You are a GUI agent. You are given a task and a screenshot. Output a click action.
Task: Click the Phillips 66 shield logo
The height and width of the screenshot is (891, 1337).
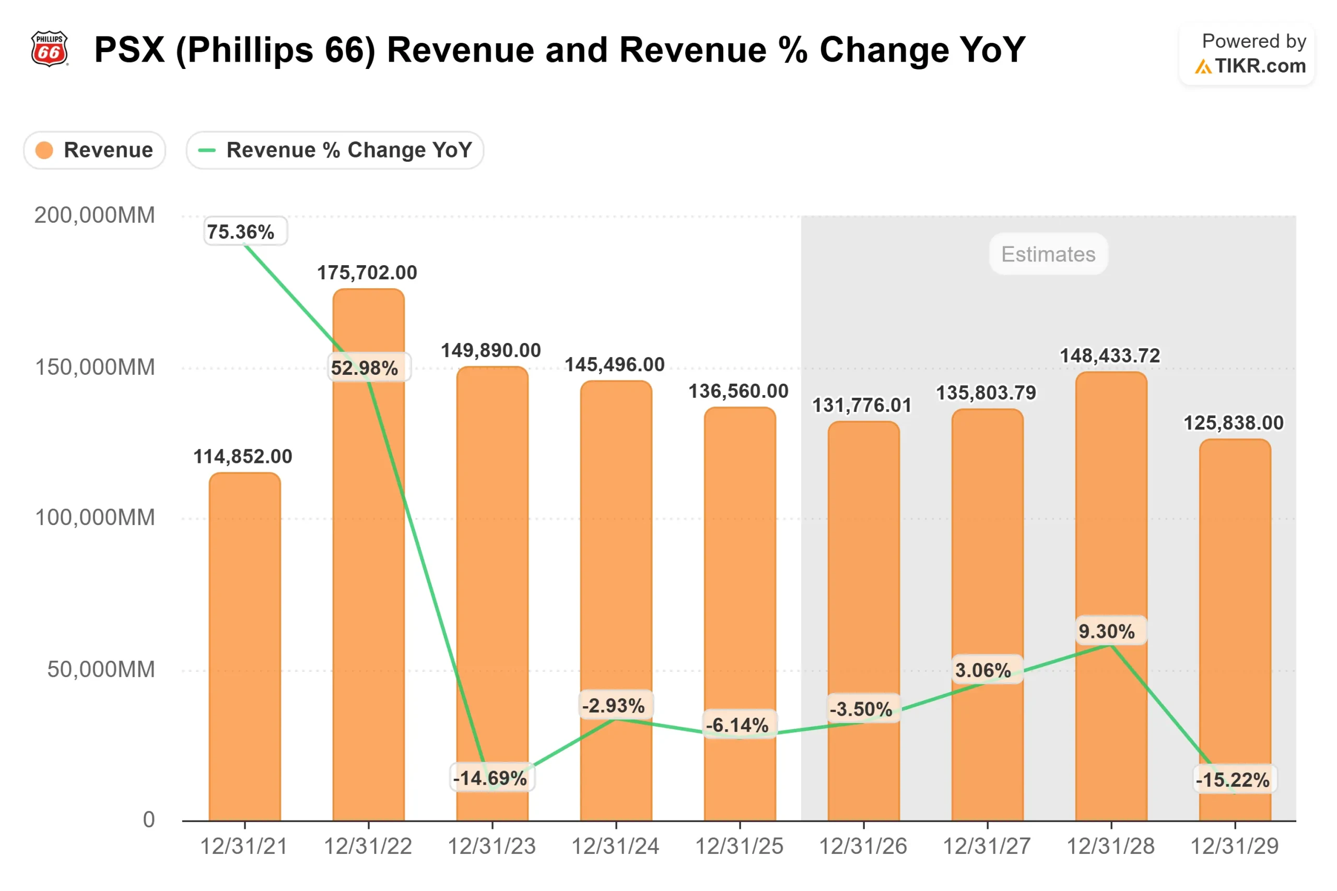tap(50, 49)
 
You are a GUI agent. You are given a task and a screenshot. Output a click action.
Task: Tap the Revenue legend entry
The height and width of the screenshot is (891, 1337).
tap(95, 150)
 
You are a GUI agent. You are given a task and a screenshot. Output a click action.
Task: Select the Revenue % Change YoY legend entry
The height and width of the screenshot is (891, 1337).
tap(335, 150)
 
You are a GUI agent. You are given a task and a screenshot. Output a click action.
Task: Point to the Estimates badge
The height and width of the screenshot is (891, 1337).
tap(1048, 254)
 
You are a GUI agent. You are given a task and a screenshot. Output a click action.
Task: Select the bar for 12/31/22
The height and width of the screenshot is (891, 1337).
tap(368, 597)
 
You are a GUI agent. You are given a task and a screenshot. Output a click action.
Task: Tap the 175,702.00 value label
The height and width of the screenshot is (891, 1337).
tap(367, 273)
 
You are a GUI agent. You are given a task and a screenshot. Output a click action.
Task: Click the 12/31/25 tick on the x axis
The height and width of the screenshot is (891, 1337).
tap(740, 847)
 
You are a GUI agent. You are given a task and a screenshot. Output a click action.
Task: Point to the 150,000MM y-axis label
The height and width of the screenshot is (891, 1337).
tap(95, 367)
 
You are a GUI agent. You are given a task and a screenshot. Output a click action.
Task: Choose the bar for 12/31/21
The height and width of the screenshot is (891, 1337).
tap(245, 648)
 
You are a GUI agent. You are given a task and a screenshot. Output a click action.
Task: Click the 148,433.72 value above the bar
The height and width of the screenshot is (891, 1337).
tap(1110, 355)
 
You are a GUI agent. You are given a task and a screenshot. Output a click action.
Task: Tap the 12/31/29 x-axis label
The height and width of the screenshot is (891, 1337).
tap(1235, 847)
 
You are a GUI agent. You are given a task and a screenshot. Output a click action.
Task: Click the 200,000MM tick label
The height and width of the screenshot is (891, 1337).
tap(95, 216)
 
